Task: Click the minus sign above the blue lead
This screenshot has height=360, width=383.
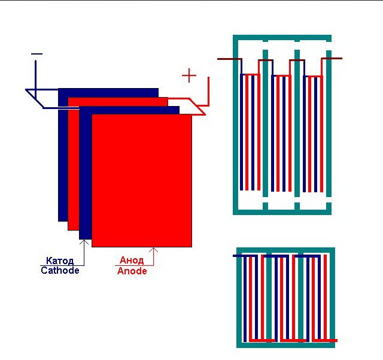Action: tap(37, 54)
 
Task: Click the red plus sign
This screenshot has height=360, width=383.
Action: tap(189, 75)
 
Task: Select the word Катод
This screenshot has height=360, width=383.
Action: tap(60, 261)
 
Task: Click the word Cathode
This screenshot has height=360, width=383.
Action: tap(60, 270)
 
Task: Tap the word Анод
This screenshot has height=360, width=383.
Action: tap(132, 261)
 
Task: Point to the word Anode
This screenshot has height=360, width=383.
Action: tap(132, 271)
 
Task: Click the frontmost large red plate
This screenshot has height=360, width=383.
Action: tap(142, 180)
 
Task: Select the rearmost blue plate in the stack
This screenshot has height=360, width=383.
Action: tap(63, 156)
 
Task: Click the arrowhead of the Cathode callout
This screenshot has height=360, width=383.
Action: tap(84, 242)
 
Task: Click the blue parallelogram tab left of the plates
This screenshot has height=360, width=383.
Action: tap(42, 99)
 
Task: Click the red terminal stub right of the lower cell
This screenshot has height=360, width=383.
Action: tap(332, 340)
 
